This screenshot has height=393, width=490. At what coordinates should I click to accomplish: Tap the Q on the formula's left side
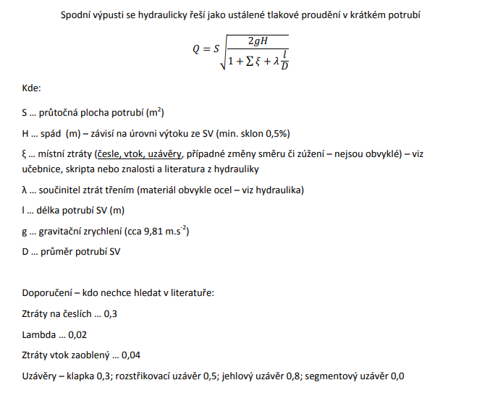click(196, 49)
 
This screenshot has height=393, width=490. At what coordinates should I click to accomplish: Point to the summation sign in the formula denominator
click(248, 62)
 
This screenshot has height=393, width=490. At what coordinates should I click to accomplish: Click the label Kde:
click(32, 88)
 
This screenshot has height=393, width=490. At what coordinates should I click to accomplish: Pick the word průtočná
click(62, 113)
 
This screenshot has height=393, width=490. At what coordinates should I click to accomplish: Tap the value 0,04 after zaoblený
click(131, 355)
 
